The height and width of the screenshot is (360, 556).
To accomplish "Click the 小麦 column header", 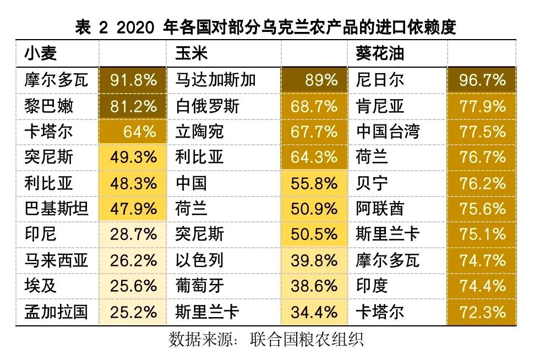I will pyautogui.click(x=41, y=53).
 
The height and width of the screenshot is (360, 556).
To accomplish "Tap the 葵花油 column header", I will pyautogui.click(x=380, y=53).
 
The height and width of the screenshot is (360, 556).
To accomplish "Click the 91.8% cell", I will pyautogui.click(x=133, y=80).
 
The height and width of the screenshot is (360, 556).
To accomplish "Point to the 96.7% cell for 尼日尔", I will pyautogui.click(x=482, y=80).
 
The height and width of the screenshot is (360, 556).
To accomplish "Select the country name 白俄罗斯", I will pyautogui.click(x=207, y=106).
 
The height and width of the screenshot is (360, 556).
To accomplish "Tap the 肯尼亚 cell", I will pyautogui.click(x=380, y=106).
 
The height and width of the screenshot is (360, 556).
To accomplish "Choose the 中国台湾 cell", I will pyautogui.click(x=388, y=132).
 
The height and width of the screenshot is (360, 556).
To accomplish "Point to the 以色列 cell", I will pyautogui.click(x=199, y=260).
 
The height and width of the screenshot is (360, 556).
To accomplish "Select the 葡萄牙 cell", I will pyautogui.click(x=199, y=286).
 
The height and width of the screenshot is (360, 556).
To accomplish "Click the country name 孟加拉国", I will pyautogui.click(x=56, y=312).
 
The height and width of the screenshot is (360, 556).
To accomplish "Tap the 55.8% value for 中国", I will pyautogui.click(x=314, y=183).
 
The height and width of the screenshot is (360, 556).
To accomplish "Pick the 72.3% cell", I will pyautogui.click(x=482, y=312).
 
